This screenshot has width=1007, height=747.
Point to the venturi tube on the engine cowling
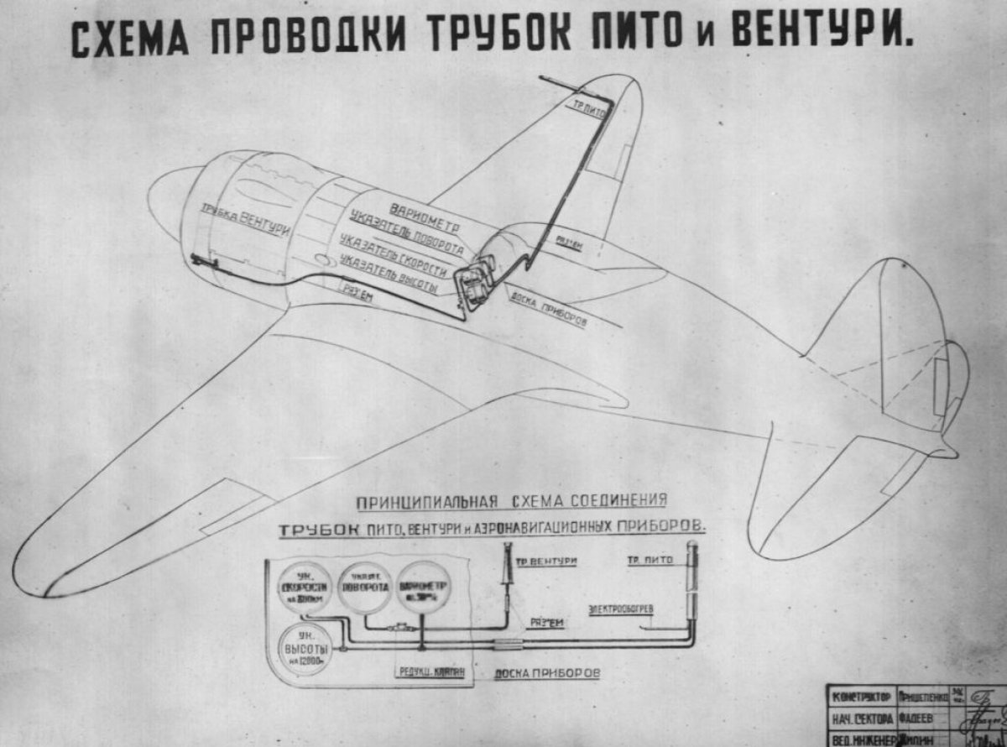(x=202, y=263)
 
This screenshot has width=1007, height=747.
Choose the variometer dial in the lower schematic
(x=423, y=588)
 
